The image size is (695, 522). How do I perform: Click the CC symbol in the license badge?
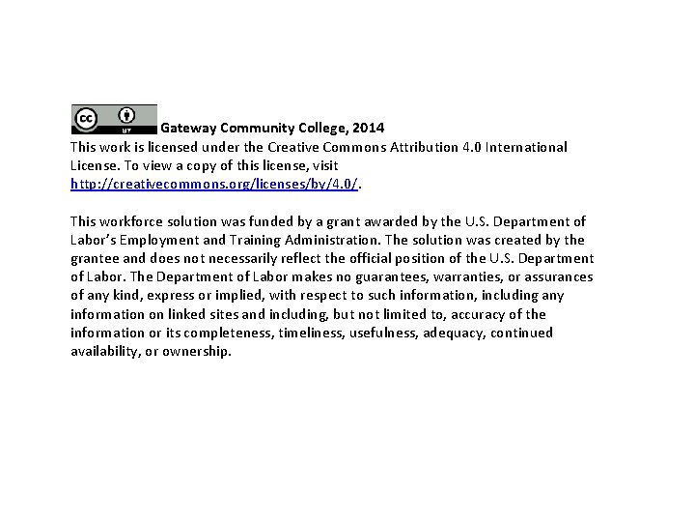click(86, 118)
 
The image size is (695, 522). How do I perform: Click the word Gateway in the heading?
click(188, 128)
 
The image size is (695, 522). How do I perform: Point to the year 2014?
click(368, 128)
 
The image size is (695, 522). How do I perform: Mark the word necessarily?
click(255, 258)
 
